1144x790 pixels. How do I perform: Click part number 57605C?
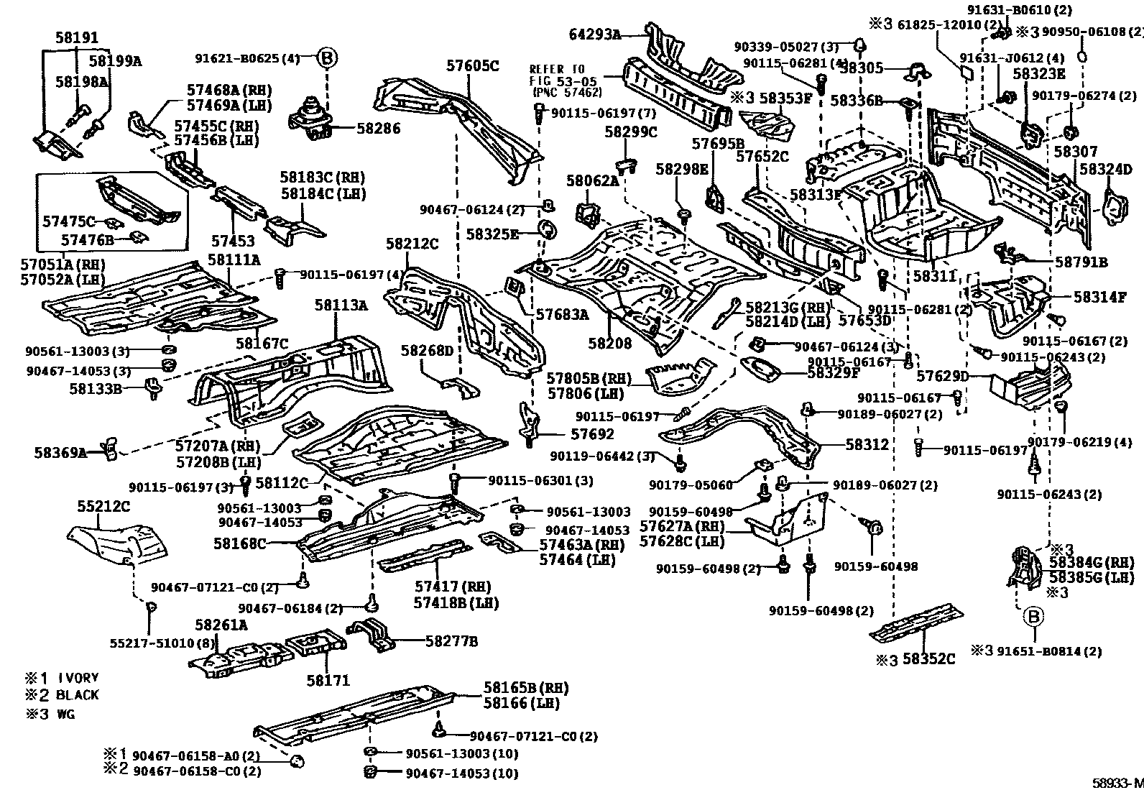(x=472, y=66)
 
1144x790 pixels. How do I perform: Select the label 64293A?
(x=594, y=34)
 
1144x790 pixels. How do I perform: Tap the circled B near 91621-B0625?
(x=326, y=58)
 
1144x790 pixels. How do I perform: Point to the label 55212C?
(x=103, y=506)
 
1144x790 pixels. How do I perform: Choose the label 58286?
(x=379, y=129)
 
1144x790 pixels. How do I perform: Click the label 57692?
(x=593, y=434)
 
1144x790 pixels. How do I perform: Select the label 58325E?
(x=492, y=234)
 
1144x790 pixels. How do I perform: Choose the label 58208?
(x=610, y=344)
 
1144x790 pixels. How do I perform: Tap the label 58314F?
(x=1100, y=296)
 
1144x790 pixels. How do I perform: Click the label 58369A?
(x=60, y=453)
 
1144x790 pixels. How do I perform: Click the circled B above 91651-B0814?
(x=1033, y=616)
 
